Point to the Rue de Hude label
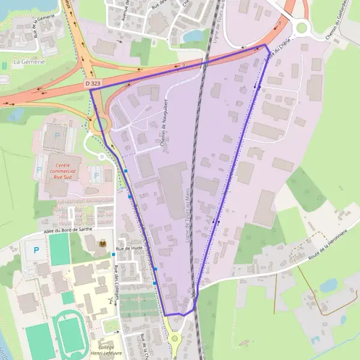(128, 248)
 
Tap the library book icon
(103, 243)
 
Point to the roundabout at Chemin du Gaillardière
(301, 27)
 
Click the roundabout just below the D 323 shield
(100, 125)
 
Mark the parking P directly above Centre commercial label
(58, 136)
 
